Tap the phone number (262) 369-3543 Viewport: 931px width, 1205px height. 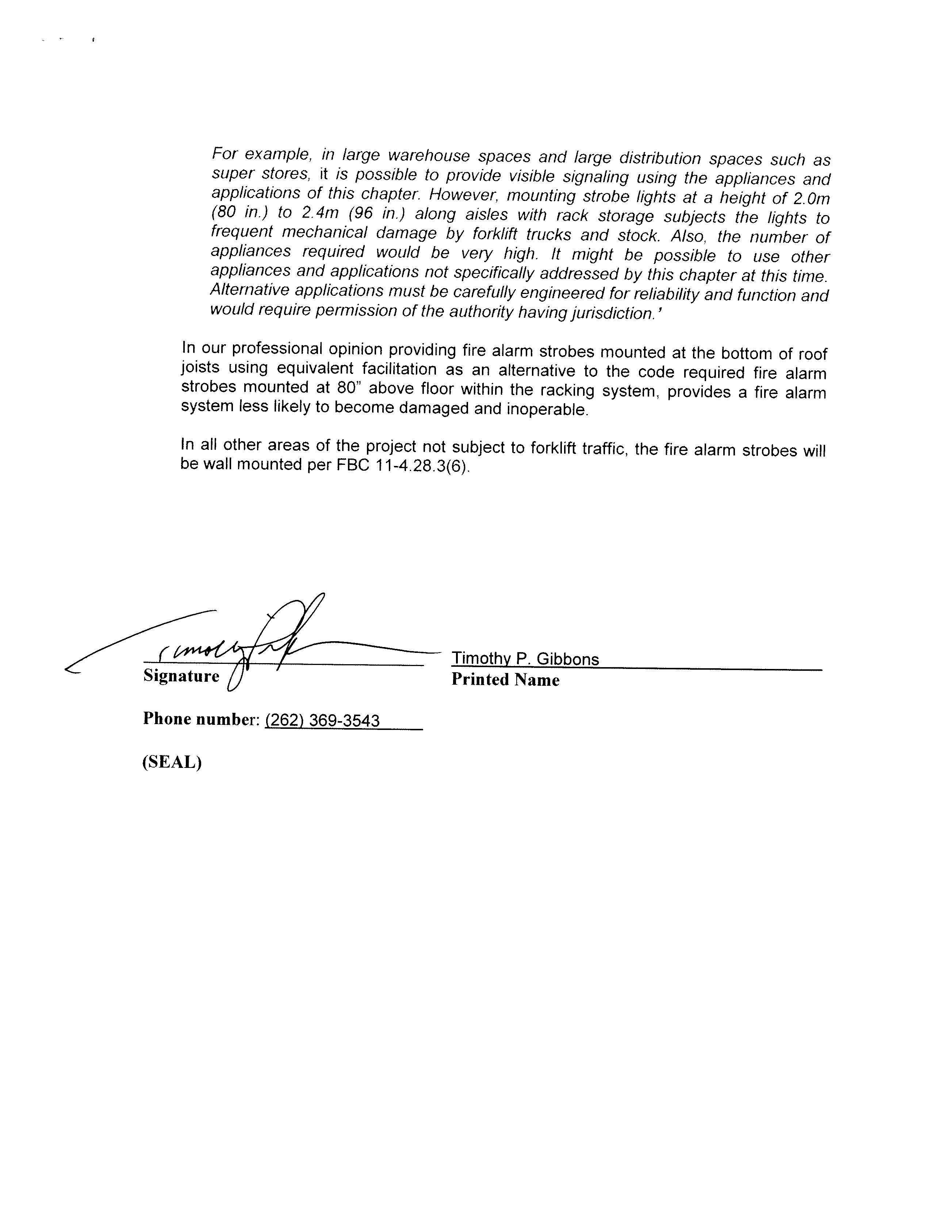pos(322,720)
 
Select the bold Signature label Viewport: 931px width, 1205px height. pos(181,676)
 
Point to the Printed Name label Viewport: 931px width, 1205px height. pos(505,680)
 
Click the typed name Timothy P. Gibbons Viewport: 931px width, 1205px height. pos(525,659)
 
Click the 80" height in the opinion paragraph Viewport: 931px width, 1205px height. pos(348,388)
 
